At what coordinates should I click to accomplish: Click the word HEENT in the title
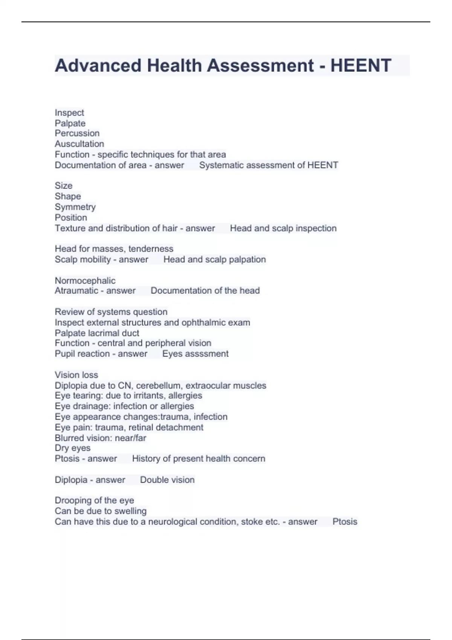click(360, 66)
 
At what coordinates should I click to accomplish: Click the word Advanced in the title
click(98, 66)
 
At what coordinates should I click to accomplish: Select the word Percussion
click(77, 133)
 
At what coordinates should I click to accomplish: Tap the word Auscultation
click(79, 144)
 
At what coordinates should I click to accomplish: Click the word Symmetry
click(75, 207)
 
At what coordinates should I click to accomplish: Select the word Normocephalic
click(85, 280)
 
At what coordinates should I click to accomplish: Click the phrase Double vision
click(167, 480)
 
